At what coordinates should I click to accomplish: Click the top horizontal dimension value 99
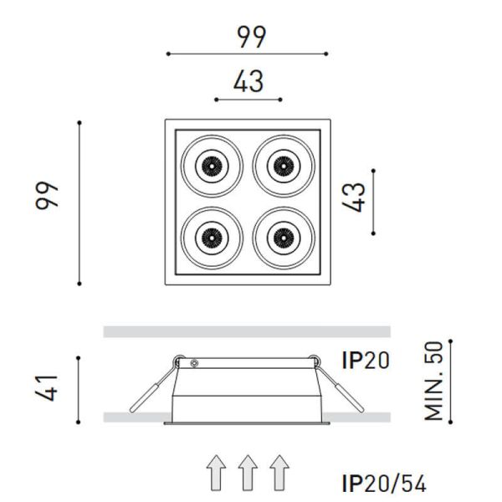(248, 36)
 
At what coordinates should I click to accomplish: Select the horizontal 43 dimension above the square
(248, 82)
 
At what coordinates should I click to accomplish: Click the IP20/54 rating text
(384, 483)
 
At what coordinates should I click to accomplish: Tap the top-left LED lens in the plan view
(210, 166)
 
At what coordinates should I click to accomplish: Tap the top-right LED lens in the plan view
(281, 166)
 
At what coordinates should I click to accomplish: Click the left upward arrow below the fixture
(217, 472)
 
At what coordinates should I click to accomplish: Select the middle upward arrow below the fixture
(248, 472)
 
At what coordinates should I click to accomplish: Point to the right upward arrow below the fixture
(279, 472)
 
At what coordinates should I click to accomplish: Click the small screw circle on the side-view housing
(194, 364)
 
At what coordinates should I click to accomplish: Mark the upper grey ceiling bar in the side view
(247, 332)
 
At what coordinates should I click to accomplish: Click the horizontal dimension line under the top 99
(248, 54)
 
